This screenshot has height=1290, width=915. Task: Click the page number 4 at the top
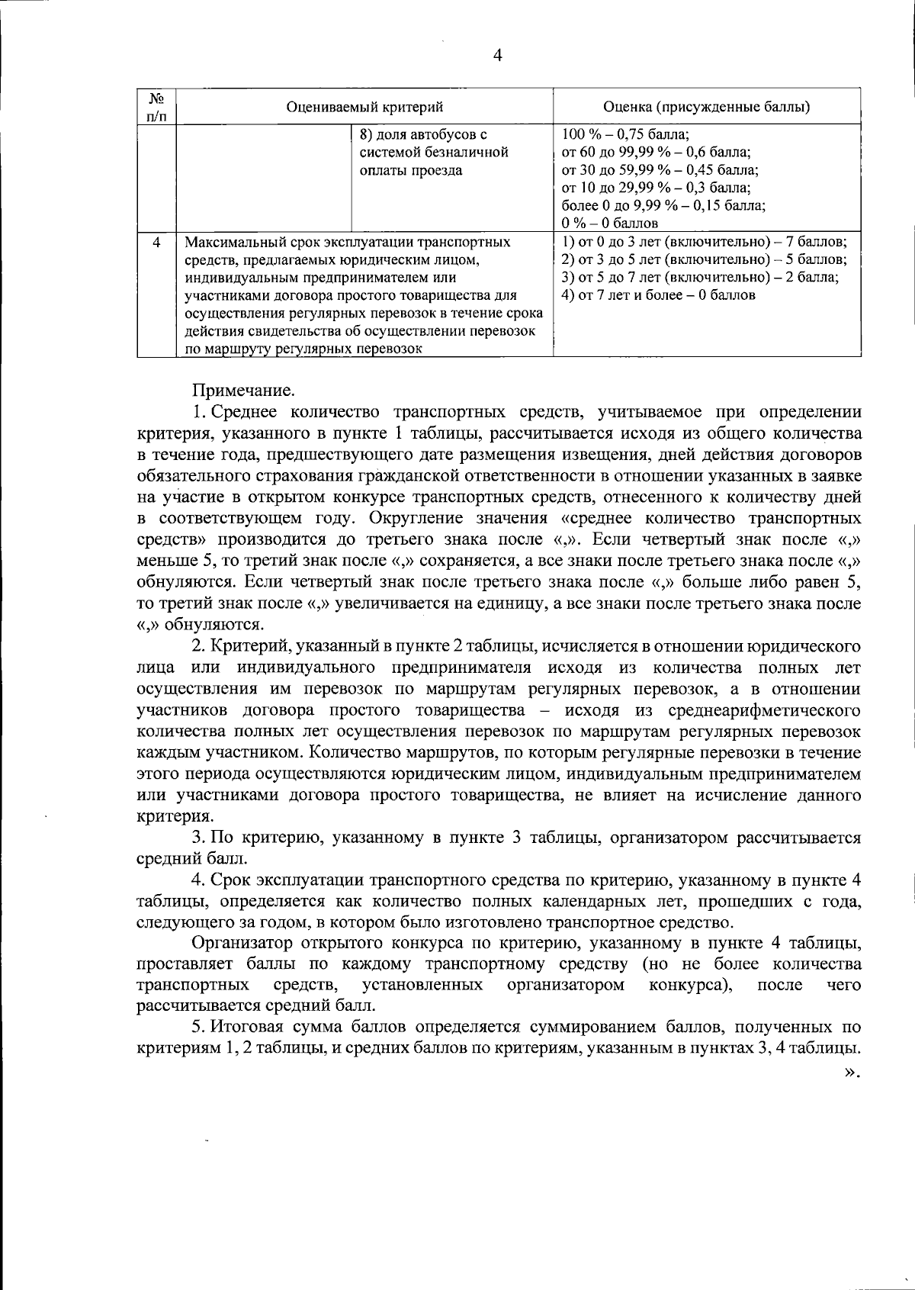click(498, 55)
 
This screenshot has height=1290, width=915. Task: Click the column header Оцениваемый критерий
click(364, 107)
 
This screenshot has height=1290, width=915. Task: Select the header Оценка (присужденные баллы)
click(706, 107)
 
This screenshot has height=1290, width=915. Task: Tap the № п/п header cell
click(156, 107)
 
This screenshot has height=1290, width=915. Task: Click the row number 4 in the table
click(156, 243)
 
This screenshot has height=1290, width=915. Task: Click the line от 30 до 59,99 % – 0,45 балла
click(659, 170)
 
